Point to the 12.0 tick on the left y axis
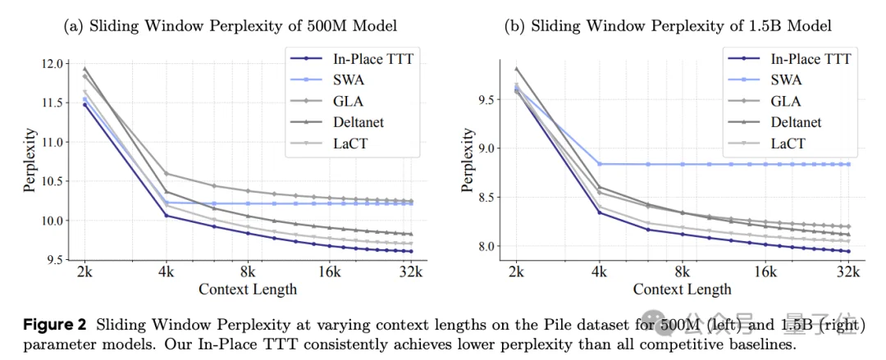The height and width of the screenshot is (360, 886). tap(51, 64)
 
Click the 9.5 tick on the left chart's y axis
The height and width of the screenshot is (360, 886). tap(54, 260)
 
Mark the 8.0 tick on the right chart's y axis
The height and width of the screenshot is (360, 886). tap(486, 246)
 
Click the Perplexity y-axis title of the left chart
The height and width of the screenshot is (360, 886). tap(30, 160)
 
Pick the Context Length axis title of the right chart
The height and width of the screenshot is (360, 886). tap(682, 289)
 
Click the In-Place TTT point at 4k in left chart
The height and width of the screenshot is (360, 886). tap(167, 216)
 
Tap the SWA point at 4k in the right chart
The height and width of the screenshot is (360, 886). tap(599, 164)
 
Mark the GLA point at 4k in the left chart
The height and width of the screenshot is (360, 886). tap(167, 174)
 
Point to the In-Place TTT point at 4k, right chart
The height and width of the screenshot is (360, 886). tap(599, 212)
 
